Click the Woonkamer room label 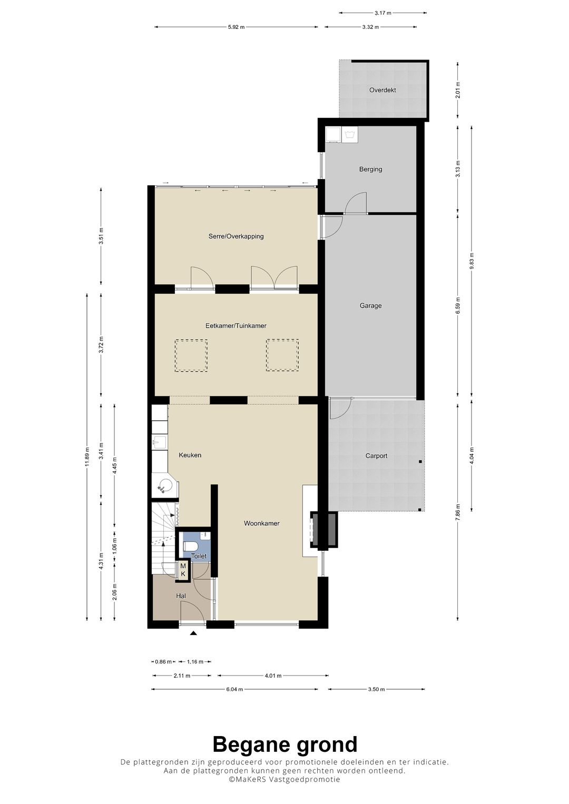coord(261,523)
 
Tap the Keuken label coord(190,455)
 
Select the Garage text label coord(370,306)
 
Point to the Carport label coord(376,456)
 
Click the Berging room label coord(370,169)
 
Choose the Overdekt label coord(382,90)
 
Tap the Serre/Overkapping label coord(236,236)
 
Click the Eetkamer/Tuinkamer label coord(236,326)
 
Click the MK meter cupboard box coord(183,570)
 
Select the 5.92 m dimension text coord(236,27)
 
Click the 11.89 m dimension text coord(86,457)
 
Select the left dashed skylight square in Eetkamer coord(191,355)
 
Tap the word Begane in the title coord(249,745)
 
